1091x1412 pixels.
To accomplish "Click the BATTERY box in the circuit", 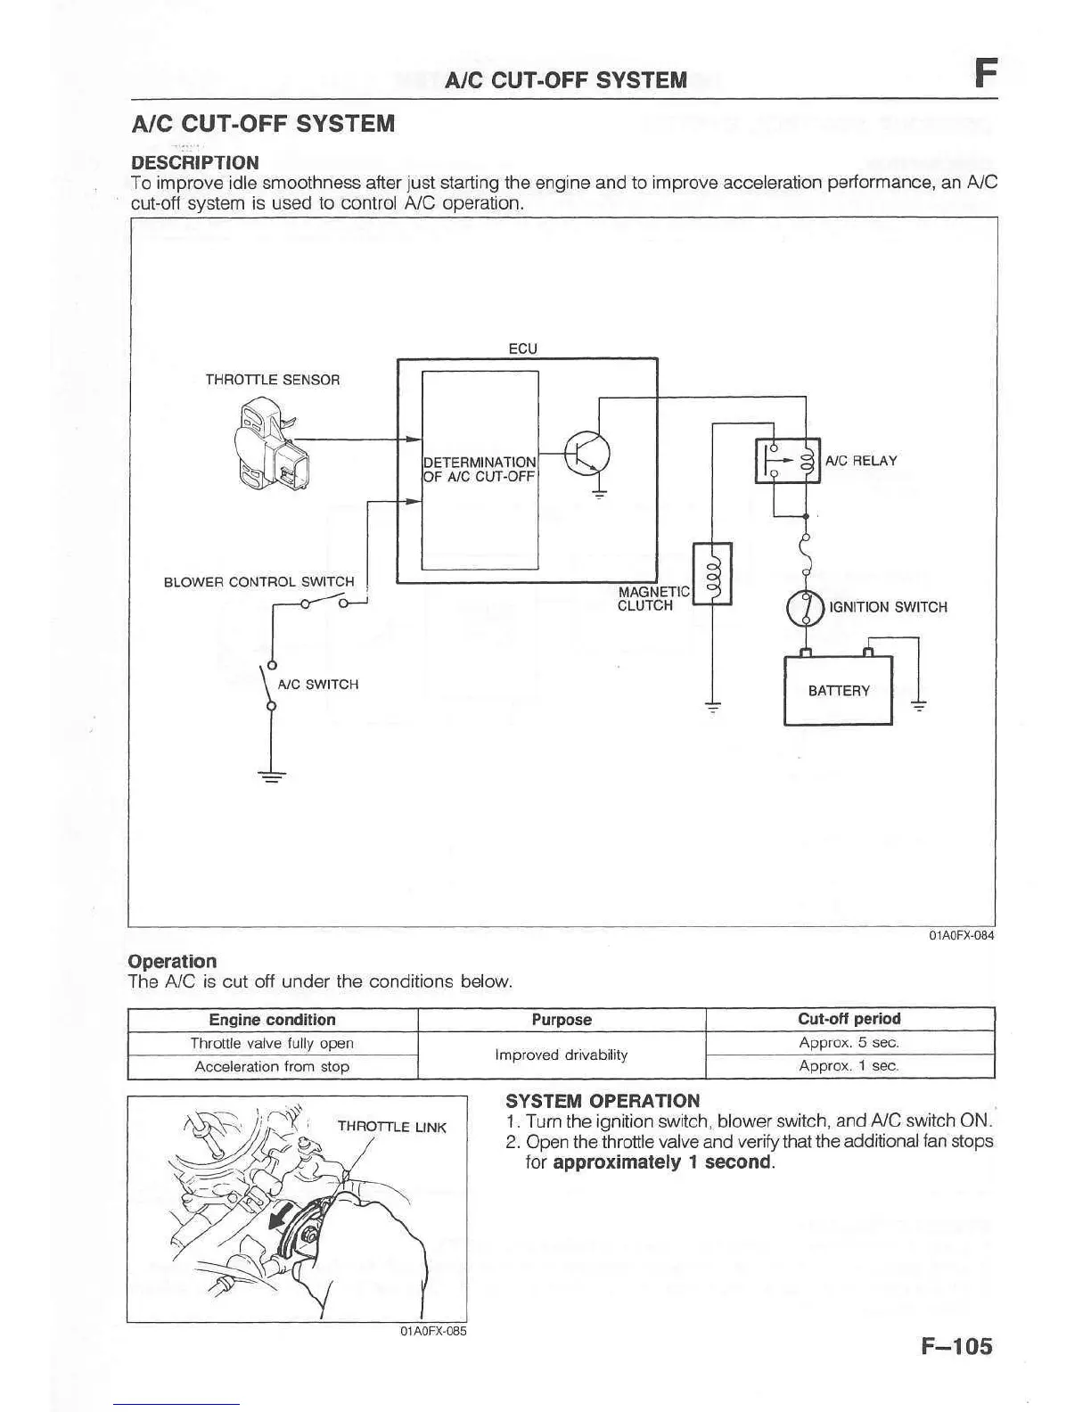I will point(837,691).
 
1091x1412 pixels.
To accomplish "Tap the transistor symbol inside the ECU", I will point(587,453).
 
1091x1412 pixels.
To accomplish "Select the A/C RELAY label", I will point(860,461).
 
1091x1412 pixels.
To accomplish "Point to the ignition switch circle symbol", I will point(805,608).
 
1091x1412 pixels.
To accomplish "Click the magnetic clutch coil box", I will point(712,573).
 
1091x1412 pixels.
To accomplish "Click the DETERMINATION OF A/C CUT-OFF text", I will point(480,469).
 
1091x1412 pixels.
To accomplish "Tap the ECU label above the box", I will point(522,349).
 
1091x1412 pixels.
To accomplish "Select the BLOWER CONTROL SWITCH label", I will point(258,582).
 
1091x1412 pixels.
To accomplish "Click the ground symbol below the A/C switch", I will point(271,776).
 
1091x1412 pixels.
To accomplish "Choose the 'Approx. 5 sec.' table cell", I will point(849,1042).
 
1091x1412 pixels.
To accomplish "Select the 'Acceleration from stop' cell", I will point(272,1066).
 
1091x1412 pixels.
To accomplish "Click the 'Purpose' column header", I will point(562,1020).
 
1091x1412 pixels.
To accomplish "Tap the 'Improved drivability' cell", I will point(562,1055).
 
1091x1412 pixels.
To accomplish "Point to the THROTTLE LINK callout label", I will point(391,1127).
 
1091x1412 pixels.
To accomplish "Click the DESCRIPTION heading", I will point(195,162).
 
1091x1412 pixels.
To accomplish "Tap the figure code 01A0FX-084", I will point(961,935).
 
